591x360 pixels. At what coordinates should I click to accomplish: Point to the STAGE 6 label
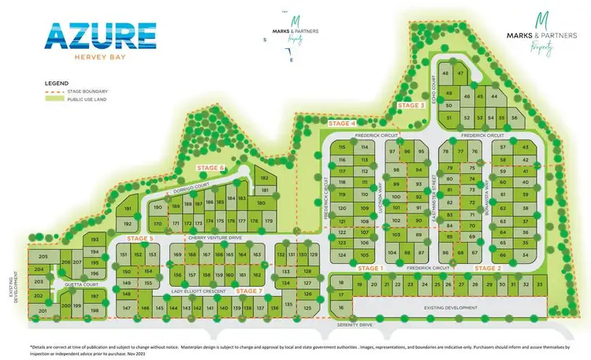(x=210, y=168)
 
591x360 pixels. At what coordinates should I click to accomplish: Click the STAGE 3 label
(x=411, y=105)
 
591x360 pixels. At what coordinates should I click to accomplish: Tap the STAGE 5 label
(x=139, y=238)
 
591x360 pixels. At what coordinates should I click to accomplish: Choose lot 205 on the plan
(x=43, y=258)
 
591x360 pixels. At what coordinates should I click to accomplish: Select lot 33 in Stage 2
(x=540, y=284)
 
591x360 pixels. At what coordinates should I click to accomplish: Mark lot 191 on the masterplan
(x=127, y=209)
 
